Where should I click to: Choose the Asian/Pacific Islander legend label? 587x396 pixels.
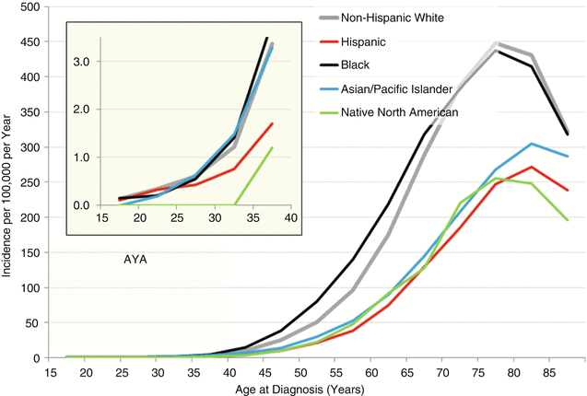coord(398,88)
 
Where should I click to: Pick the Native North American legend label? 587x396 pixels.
coord(401,111)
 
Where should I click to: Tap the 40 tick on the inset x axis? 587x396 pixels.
coord(288,218)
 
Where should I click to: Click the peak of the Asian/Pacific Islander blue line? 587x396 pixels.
coord(532,144)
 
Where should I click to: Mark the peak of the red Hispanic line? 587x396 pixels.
coord(532,167)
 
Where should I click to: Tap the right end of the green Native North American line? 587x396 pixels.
coord(568,220)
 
